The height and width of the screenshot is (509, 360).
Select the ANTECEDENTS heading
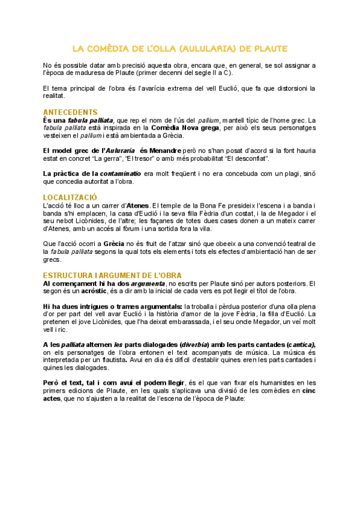point(70,112)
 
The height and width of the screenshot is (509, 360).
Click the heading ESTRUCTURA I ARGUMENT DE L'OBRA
point(112,275)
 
